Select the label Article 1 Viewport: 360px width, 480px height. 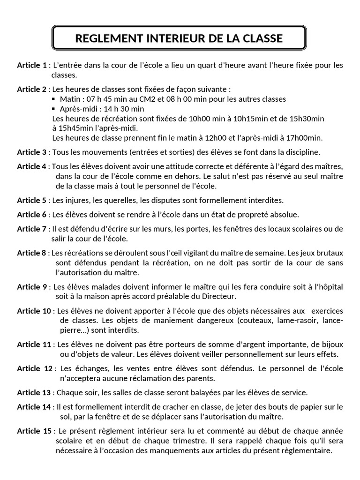(32, 65)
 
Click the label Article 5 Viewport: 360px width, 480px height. (32, 200)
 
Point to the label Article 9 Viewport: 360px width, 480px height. (32, 287)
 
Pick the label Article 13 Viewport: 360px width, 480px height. (34, 392)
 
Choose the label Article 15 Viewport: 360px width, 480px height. (34, 431)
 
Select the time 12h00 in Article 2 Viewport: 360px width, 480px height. (217, 138)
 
